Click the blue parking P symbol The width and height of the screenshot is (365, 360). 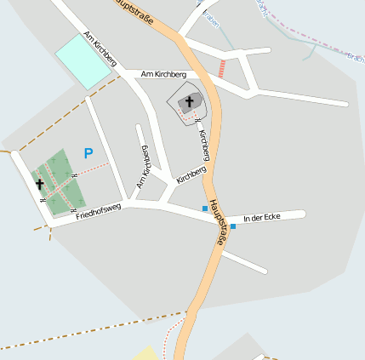tap(88, 153)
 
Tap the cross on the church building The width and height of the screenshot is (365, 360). tap(189, 102)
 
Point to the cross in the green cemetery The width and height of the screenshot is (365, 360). tap(39, 183)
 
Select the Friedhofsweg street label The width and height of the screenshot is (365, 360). tap(98, 212)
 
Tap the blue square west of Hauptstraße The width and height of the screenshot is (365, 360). tap(204, 209)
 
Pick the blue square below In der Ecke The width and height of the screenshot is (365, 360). tap(233, 226)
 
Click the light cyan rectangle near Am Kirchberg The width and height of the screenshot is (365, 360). tap(84, 60)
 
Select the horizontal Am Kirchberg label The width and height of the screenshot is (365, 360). tap(163, 75)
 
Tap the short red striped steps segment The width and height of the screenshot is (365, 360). tap(222, 68)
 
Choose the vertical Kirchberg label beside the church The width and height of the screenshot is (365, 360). tap(204, 145)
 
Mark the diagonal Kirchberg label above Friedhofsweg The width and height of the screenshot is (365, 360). tap(191, 174)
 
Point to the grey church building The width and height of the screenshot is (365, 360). tap(192, 102)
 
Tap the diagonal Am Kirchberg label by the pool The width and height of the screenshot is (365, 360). tap(100, 49)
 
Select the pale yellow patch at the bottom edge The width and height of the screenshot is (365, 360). tap(148, 353)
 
